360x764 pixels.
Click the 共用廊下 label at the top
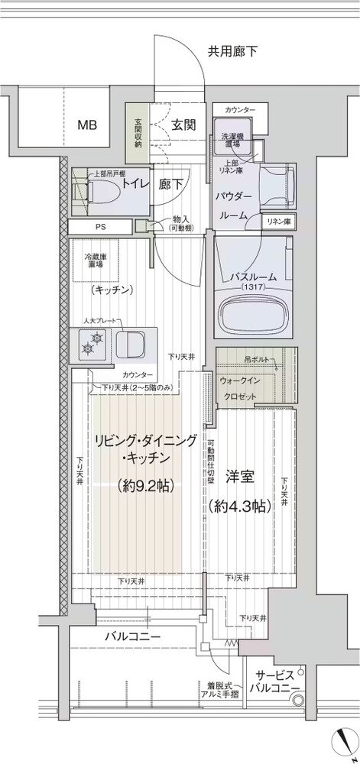[232, 52]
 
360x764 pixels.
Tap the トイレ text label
[135, 184]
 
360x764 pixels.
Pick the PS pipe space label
[101, 228]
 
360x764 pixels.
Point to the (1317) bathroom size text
[255, 286]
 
